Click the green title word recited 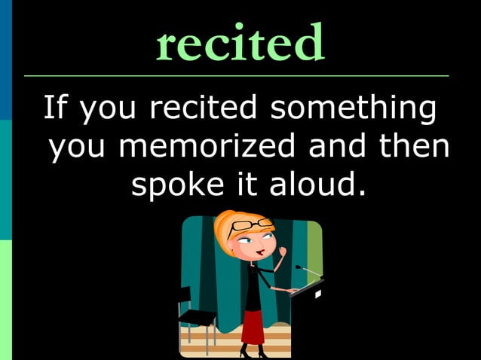click(240, 43)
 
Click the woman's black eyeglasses click(251, 226)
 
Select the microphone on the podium click(299, 267)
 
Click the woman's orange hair click(228, 230)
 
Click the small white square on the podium click(317, 294)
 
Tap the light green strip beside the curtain click(314, 249)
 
